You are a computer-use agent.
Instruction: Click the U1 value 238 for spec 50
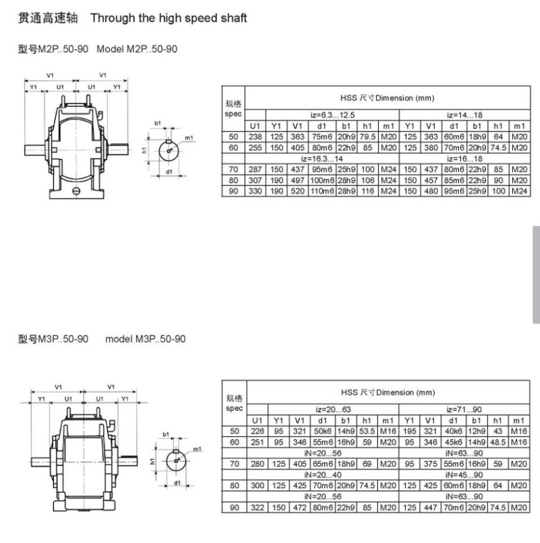(x=255, y=137)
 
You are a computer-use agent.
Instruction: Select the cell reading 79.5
(x=367, y=137)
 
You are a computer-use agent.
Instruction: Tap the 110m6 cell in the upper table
(x=322, y=191)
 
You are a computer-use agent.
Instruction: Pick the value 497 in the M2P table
(x=298, y=180)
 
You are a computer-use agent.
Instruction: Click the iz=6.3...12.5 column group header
(x=332, y=115)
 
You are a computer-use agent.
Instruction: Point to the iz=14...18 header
(x=464, y=115)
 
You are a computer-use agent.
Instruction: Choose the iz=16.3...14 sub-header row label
(x=322, y=159)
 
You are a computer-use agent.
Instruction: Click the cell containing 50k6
(x=322, y=431)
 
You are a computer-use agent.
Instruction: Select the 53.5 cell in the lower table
(x=367, y=431)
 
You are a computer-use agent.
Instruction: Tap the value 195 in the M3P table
(x=409, y=431)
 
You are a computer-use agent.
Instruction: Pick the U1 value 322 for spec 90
(x=257, y=508)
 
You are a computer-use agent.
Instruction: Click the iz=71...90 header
(x=464, y=410)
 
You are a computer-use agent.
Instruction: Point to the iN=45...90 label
(x=464, y=475)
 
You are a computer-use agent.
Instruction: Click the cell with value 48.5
(x=497, y=443)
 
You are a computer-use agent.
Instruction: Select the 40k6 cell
(x=453, y=431)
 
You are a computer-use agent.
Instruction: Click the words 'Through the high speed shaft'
(x=169, y=18)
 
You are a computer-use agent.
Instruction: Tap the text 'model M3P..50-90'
(x=145, y=339)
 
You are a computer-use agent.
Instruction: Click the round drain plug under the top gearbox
(x=76, y=191)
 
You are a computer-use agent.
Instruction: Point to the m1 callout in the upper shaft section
(x=189, y=138)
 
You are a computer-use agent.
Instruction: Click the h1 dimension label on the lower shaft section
(x=152, y=461)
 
